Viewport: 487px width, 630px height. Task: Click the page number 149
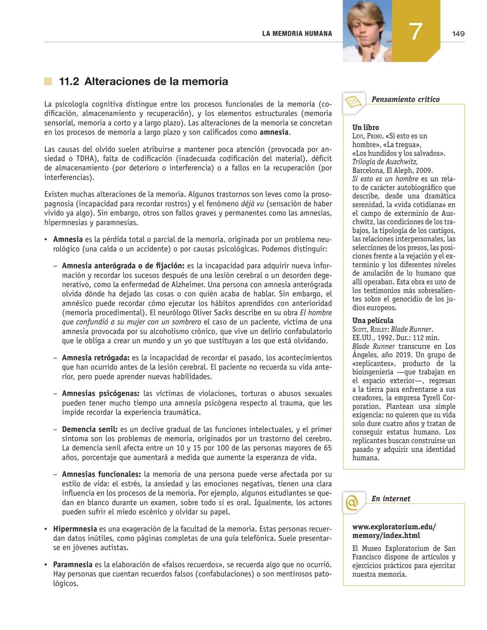(458, 34)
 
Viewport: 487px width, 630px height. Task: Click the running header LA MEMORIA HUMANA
(297, 34)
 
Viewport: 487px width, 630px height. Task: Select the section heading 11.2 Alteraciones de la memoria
(143, 82)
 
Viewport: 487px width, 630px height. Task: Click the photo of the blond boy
(367, 31)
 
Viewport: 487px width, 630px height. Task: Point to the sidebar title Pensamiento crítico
(405, 100)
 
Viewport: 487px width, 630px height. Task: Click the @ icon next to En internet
(352, 502)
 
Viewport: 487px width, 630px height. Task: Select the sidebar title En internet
(391, 499)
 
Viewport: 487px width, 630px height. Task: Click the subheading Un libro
(365, 127)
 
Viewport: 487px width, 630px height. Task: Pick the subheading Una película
(372, 321)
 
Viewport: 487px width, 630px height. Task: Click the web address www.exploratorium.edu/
(394, 526)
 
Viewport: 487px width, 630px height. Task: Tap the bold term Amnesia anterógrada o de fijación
(123, 266)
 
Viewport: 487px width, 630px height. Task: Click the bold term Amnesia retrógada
(96, 358)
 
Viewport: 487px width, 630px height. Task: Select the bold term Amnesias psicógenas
(101, 394)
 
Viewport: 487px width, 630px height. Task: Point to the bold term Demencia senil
(90, 430)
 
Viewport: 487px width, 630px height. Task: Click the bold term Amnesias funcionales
(101, 474)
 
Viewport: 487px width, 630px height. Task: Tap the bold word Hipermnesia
(75, 529)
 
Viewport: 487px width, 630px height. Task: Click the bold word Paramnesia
(73, 565)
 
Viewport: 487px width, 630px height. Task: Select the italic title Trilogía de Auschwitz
(385, 162)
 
